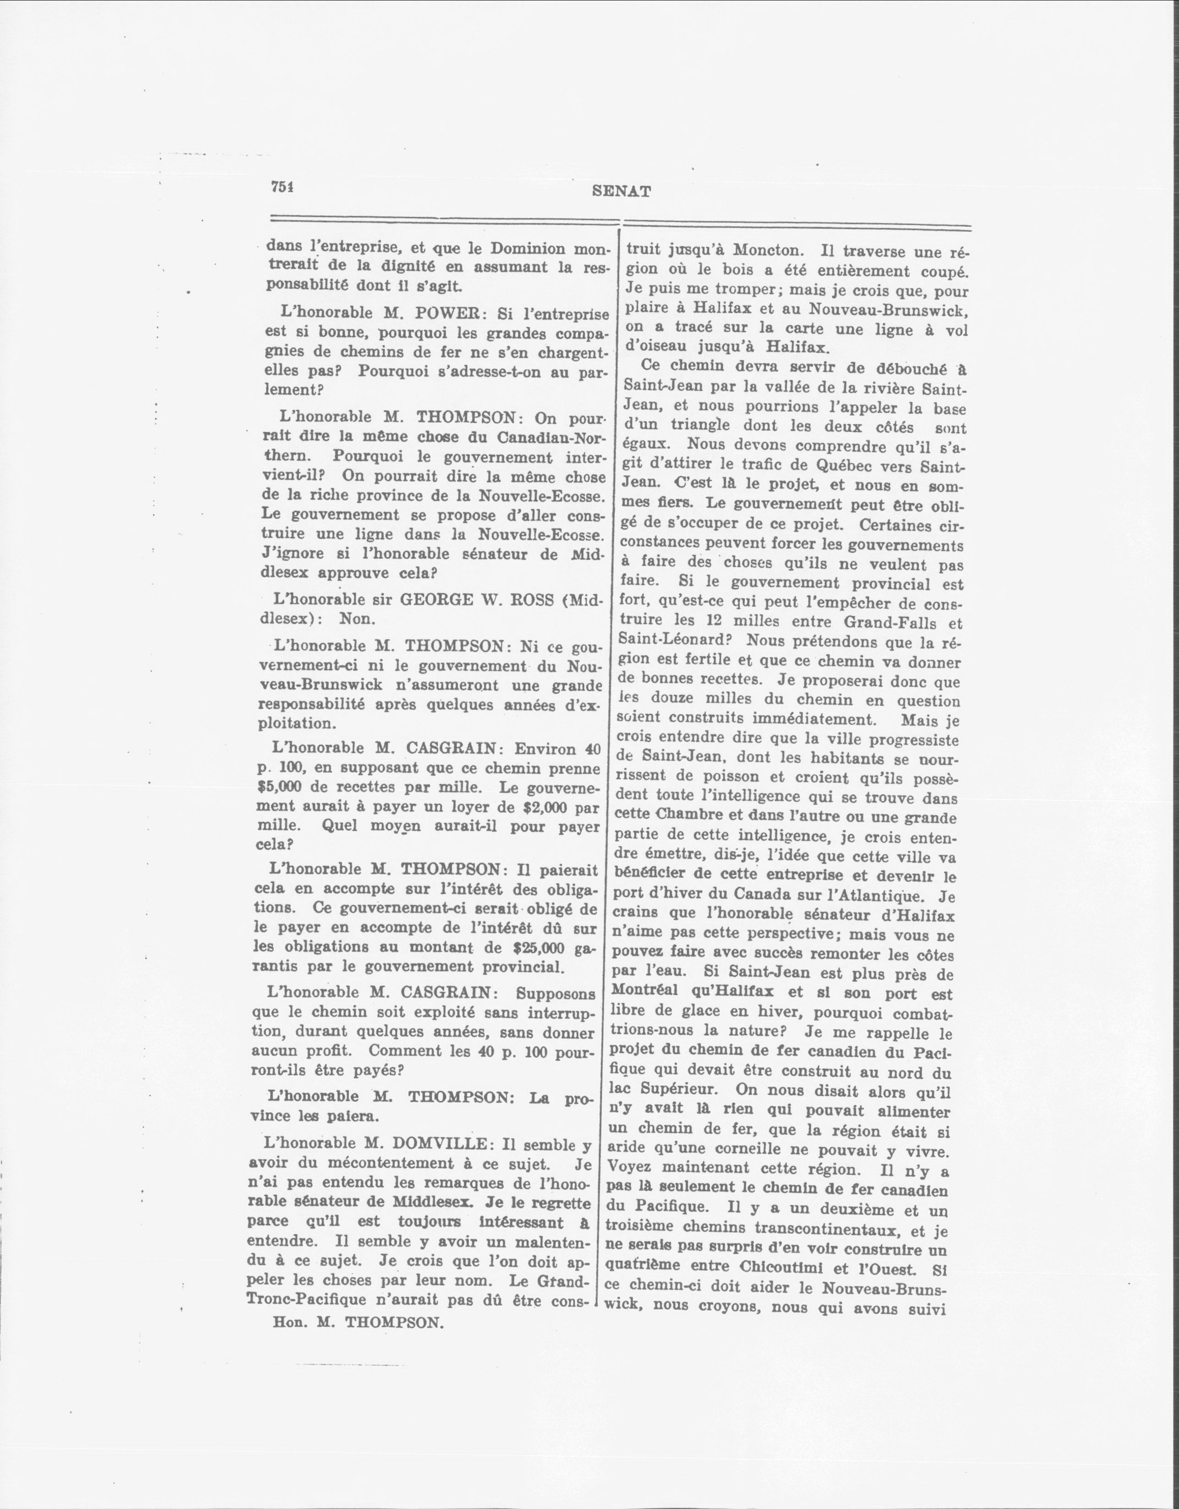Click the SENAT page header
click(621, 192)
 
